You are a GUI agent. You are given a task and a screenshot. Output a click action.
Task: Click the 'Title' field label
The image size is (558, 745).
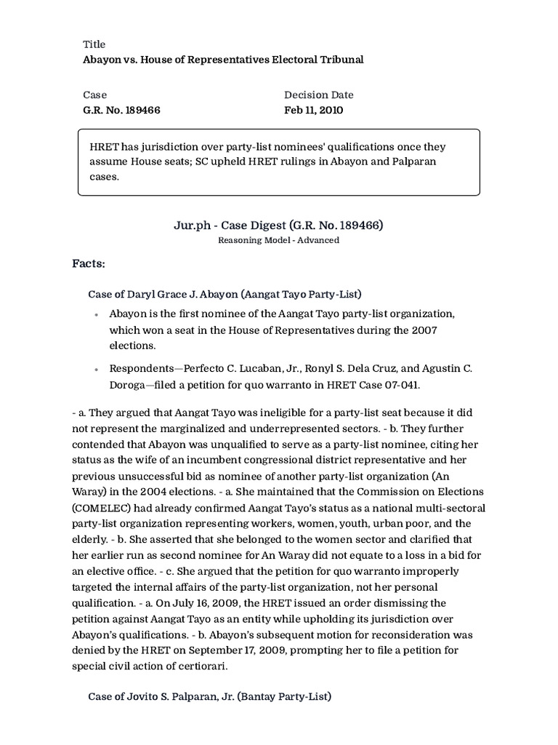(94, 44)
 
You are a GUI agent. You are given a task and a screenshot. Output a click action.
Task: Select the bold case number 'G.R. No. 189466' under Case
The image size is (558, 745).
(121, 110)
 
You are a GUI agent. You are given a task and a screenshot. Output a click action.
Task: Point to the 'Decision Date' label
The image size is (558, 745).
(318, 95)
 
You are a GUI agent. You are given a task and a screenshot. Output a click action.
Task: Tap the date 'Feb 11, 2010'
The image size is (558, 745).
(313, 110)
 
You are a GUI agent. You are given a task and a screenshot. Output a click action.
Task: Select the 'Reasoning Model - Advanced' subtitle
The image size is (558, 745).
(278, 240)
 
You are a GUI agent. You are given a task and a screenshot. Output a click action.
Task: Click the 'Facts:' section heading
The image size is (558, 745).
(89, 262)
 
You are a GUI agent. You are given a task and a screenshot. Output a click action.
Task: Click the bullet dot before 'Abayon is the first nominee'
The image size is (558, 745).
(97, 315)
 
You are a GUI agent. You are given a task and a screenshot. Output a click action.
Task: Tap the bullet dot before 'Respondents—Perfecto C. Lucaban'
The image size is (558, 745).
(97, 370)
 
